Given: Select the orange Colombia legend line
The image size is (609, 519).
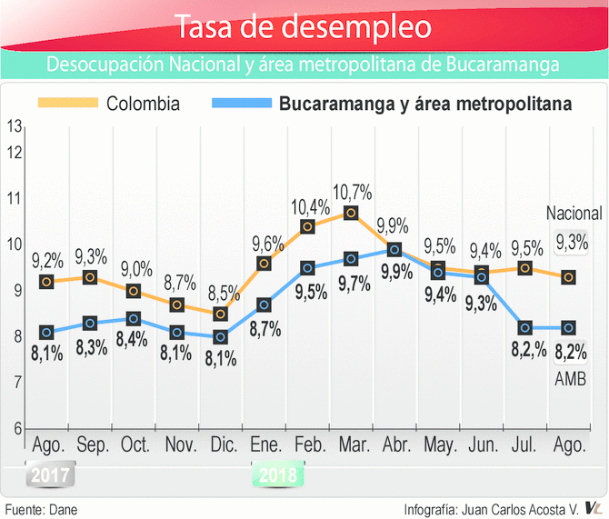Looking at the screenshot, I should [66, 104].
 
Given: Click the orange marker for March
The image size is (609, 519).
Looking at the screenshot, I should [351, 214].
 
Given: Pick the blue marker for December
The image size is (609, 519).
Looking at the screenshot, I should [220, 337].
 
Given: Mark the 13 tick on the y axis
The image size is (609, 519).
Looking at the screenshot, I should [14, 126].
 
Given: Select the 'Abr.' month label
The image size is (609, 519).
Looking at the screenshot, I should [394, 445].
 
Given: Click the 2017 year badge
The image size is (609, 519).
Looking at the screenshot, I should [45, 474].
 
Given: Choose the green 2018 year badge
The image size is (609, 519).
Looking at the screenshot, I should [278, 474].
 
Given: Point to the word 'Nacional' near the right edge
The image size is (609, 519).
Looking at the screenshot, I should [574, 215].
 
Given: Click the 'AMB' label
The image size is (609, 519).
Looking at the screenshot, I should [570, 376].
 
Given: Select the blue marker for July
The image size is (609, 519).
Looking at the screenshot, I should [525, 327].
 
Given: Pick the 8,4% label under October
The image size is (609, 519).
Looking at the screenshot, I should [133, 340].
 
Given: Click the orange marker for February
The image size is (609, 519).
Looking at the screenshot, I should [307, 226].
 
